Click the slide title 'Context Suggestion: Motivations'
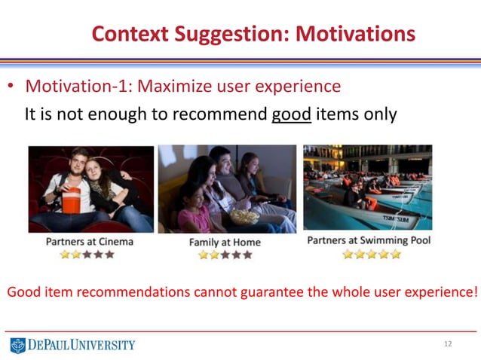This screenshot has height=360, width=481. [253, 33]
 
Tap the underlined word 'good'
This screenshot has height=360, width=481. [291, 115]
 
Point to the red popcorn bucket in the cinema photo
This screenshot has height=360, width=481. [72, 201]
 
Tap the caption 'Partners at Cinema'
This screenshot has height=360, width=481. [89, 241]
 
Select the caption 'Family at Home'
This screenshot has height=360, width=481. [225, 243]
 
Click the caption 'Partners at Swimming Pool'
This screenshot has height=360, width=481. [369, 241]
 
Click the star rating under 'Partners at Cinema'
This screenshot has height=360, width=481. [87, 255]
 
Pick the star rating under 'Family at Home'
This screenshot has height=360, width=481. [225, 255]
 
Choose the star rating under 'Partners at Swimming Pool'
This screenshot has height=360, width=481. [371, 255]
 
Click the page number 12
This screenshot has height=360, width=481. [448, 344]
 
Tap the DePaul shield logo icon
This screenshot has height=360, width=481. [17, 345]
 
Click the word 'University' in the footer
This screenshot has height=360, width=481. [103, 345]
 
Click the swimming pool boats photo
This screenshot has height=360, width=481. [367, 188]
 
